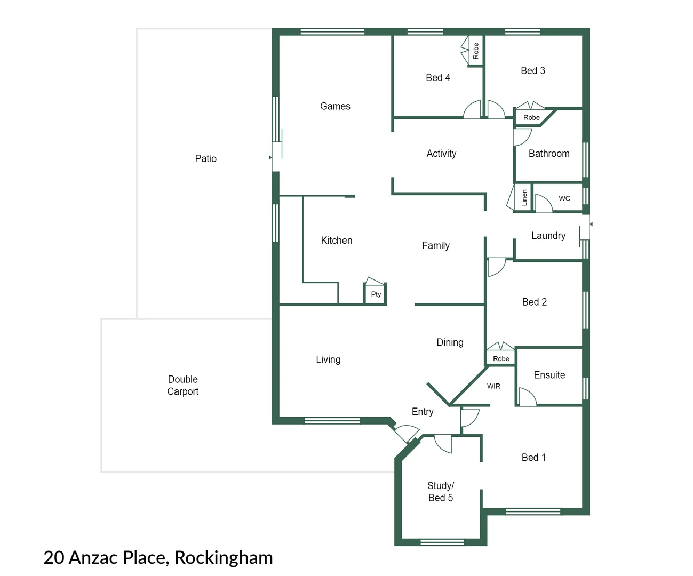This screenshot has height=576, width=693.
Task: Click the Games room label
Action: (335, 106)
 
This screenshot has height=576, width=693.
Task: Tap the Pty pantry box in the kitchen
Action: (376, 294)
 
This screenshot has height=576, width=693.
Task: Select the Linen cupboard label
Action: (524, 197)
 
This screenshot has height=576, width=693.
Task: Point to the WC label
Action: (564, 198)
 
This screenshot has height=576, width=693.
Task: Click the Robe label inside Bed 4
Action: (476, 51)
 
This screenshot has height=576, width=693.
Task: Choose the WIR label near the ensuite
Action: (493, 386)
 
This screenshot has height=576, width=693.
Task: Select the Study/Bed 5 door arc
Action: (443, 444)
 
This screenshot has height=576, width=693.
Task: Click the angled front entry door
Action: (405, 433)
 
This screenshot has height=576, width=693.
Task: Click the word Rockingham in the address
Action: (224, 557)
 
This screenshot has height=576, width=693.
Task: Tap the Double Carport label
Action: (183, 385)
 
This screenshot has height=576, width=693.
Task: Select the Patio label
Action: (206, 158)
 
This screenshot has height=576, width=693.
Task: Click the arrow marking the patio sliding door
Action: (270, 157)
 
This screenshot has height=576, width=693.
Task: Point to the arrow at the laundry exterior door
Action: (591, 224)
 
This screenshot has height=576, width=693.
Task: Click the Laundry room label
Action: (548, 236)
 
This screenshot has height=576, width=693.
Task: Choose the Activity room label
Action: (441, 154)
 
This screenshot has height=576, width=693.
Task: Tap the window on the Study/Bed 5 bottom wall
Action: (442, 542)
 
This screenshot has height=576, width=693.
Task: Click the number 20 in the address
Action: (54, 557)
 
